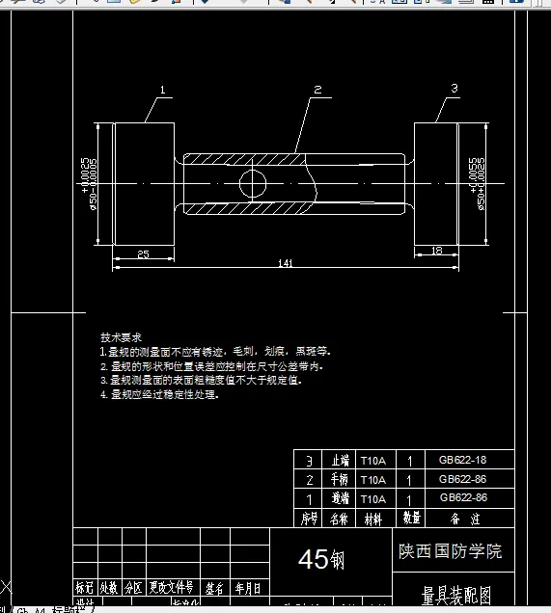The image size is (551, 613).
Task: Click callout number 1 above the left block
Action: (x=163, y=90)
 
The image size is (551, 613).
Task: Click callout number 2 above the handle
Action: (x=317, y=90)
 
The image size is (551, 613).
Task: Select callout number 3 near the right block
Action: (x=454, y=88)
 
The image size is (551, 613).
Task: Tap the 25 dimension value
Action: (x=143, y=254)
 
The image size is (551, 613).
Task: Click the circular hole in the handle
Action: (x=253, y=183)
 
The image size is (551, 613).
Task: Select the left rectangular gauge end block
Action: (x=144, y=183)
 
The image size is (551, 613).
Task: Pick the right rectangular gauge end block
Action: (x=442, y=183)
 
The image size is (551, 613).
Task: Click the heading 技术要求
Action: (x=121, y=337)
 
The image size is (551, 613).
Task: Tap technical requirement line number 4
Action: (x=164, y=394)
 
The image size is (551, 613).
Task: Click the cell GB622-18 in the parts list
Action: (x=463, y=460)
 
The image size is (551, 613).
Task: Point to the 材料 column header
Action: (x=372, y=519)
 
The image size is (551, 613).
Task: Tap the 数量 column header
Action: (x=410, y=519)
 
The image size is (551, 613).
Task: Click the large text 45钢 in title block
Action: (x=321, y=559)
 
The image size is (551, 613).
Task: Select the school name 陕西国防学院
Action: (x=451, y=551)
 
